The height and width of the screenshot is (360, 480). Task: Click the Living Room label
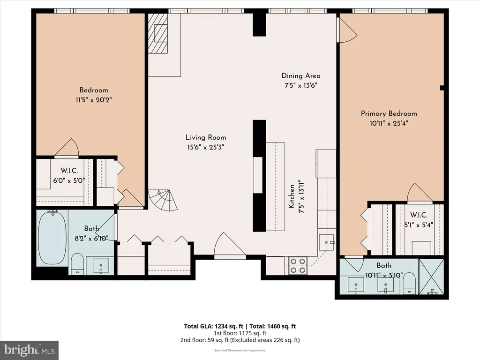tap(206, 137)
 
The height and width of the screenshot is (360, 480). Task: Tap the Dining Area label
tap(301, 75)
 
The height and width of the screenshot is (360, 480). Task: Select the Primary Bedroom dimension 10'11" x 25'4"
tap(389, 123)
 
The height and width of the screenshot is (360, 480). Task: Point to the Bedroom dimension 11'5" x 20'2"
tap(94, 100)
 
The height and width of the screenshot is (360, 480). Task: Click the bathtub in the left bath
tap(52, 237)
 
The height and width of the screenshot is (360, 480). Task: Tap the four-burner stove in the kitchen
tap(298, 266)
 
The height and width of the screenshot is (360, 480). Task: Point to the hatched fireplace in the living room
tap(158, 33)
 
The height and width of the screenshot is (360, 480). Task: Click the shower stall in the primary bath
tap(431, 277)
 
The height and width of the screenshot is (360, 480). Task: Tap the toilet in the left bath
tap(77, 263)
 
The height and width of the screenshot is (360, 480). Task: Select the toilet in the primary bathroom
tap(409, 283)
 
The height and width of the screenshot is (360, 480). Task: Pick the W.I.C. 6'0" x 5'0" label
tap(69, 176)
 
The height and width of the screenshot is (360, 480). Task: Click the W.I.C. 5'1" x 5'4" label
tap(419, 220)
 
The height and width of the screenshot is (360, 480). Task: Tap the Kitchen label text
tap(292, 196)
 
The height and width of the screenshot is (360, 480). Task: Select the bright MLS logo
tap(30, 350)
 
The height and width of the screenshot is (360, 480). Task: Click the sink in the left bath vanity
tap(101, 265)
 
